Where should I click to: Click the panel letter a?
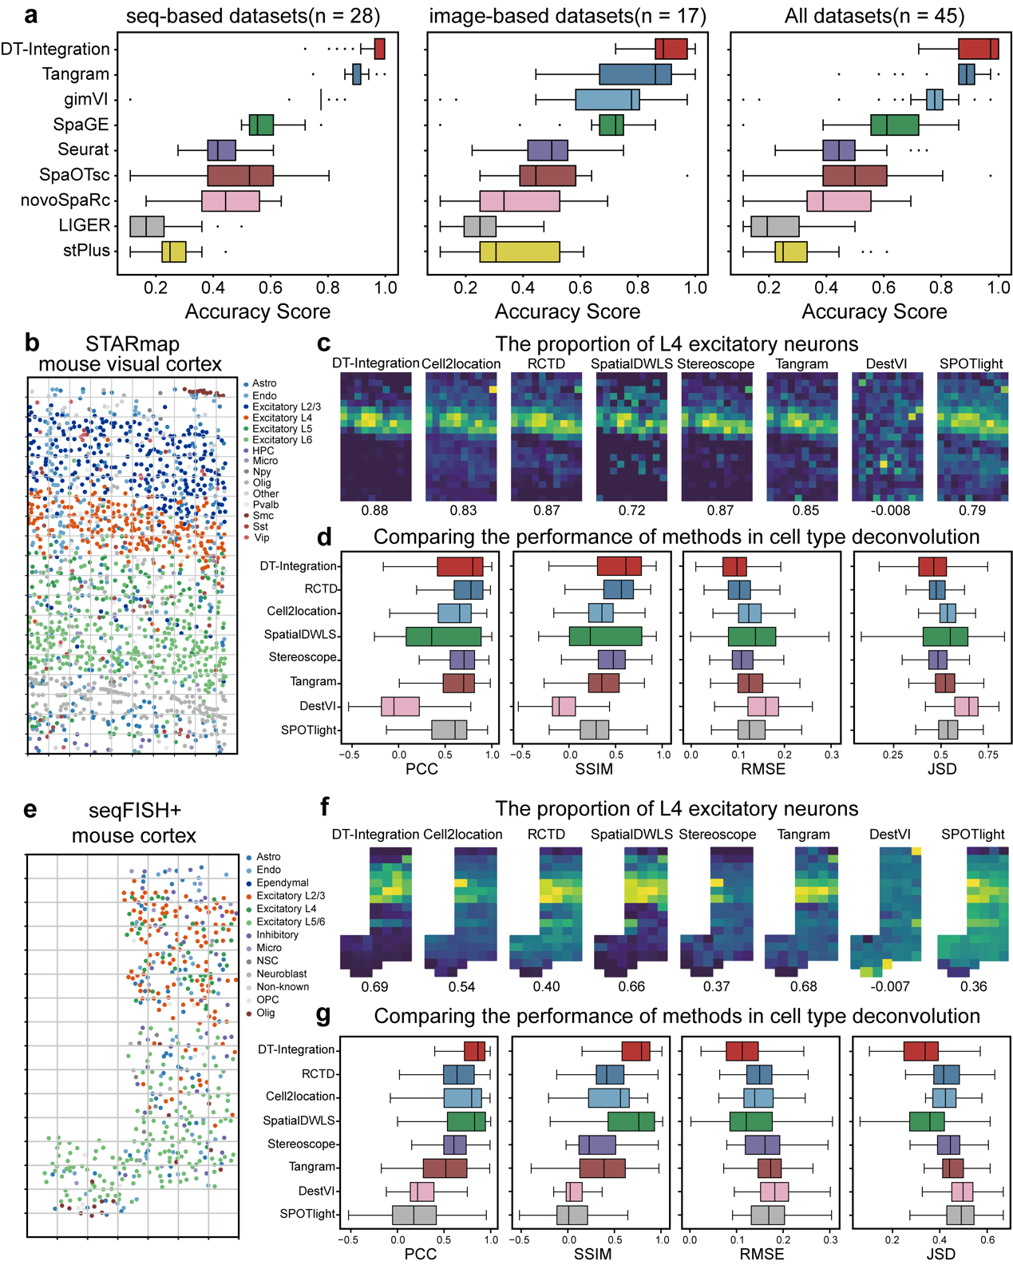tap(31, 15)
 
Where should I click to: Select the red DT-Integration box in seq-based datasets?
tap(380, 49)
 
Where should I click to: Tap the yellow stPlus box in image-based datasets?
tap(520, 252)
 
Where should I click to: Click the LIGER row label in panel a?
tap(84, 225)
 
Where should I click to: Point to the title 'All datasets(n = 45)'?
tap(874, 16)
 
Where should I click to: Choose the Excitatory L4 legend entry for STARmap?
tap(282, 418)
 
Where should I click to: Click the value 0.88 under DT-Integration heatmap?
tap(374, 510)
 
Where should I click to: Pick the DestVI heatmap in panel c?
tap(887, 437)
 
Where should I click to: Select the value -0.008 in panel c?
tap(888, 510)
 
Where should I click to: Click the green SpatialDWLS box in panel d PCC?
tap(444, 636)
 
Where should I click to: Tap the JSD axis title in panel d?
tap(941, 769)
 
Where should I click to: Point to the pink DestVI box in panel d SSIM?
tap(564, 707)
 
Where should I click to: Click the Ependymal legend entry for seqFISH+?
tap(282, 882)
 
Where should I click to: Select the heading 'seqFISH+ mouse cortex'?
tap(133, 823)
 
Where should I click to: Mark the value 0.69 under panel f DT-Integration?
tap(374, 986)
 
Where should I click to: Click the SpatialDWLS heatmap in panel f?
tap(631, 911)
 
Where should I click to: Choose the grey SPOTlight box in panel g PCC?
tap(414, 1215)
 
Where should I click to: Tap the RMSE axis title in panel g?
tap(762, 1254)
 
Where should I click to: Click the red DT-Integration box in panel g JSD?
tap(920, 1050)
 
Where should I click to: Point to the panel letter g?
tap(323, 1015)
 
